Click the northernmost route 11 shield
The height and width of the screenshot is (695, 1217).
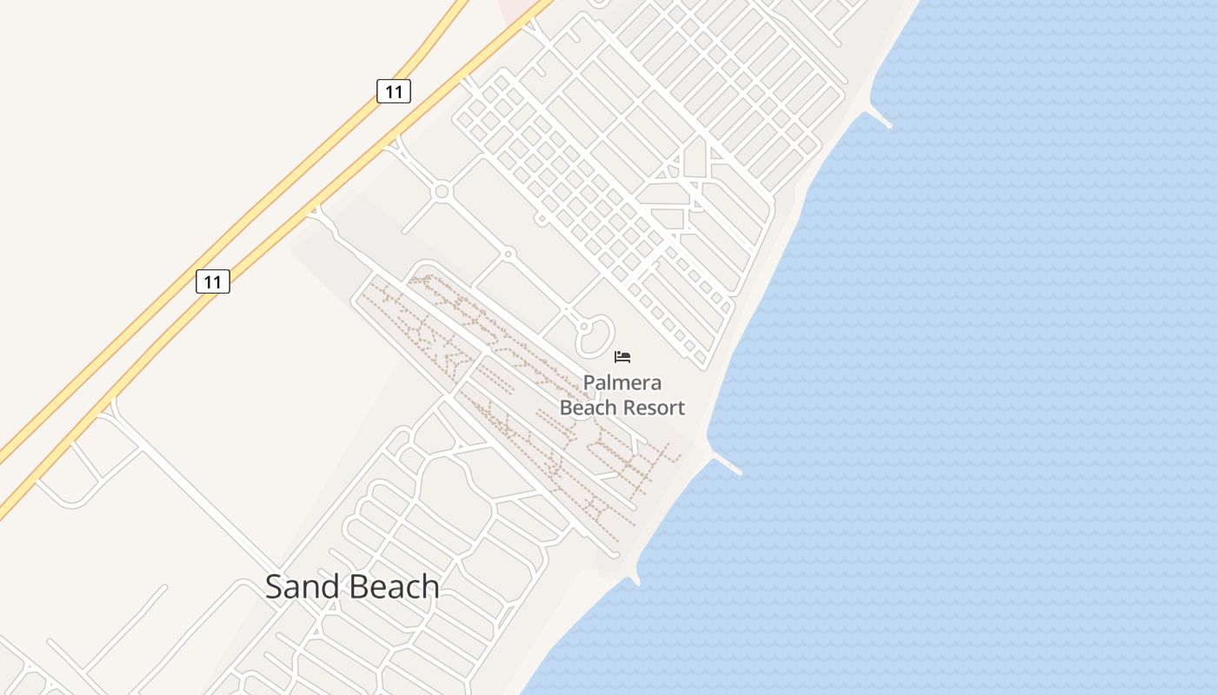point(393,90)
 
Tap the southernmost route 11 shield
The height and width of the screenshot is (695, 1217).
point(212,281)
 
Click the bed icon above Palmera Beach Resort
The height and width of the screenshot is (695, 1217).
point(622,357)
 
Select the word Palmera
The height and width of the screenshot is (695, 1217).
point(622,382)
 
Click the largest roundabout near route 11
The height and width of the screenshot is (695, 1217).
point(442,191)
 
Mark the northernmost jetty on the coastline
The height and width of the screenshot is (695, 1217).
point(878,118)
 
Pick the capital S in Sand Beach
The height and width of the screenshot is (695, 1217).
point(275,586)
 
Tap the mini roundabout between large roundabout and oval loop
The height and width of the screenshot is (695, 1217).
point(509,254)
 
